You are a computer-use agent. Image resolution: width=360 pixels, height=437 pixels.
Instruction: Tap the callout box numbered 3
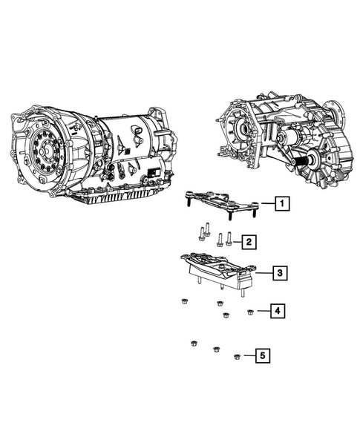pyautogui.click(x=278, y=274)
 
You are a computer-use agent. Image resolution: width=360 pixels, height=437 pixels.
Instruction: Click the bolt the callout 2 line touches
pyautogui.click(x=229, y=238)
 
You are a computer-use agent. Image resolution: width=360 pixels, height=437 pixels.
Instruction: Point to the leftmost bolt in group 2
pyautogui.click(x=200, y=235)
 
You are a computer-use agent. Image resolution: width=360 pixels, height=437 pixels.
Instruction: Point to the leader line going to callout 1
pyautogui.click(x=266, y=203)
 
